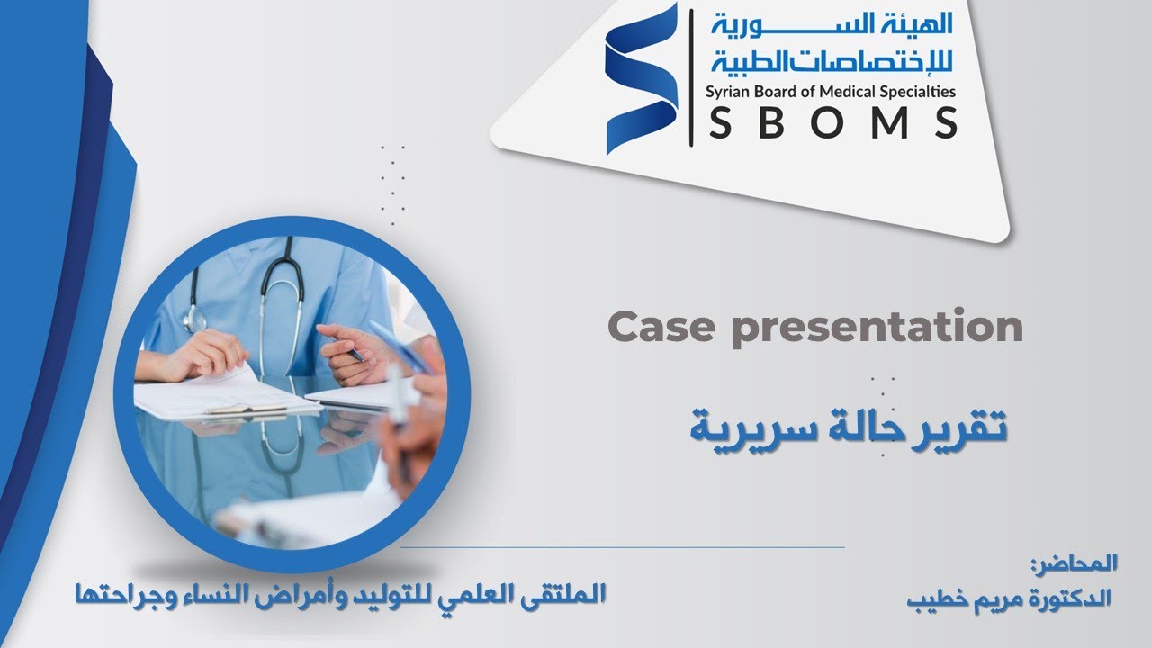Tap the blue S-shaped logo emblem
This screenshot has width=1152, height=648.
(641, 78)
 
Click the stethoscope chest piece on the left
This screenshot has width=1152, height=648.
(195, 320)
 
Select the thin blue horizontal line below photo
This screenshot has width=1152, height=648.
(621, 546)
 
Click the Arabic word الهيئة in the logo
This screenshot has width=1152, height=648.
(922, 24)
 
